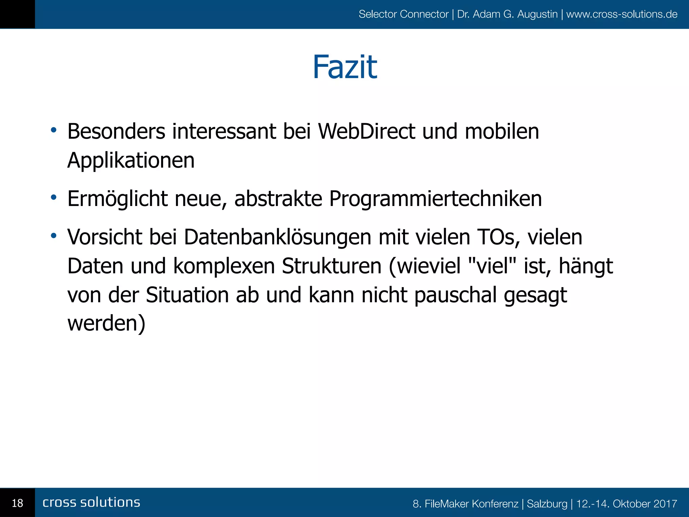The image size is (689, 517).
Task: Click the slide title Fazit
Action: [x=345, y=67]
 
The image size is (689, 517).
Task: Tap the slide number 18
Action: [x=17, y=503]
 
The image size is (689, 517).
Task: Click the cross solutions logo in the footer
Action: [x=91, y=502]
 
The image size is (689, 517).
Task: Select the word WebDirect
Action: [x=367, y=131]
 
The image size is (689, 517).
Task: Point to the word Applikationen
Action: [x=131, y=160]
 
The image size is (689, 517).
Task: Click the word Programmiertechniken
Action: [x=435, y=199]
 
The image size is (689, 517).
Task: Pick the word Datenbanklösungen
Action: [x=278, y=237]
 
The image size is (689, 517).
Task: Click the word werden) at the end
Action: [x=106, y=323]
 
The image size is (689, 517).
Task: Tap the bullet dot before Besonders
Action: [x=53, y=130]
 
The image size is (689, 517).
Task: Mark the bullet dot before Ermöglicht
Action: [x=53, y=197]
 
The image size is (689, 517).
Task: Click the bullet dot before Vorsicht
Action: [x=53, y=236]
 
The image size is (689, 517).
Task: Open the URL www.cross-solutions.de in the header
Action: [x=622, y=14]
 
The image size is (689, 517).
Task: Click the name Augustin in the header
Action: [x=537, y=14]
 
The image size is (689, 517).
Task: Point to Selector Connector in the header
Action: [x=403, y=14]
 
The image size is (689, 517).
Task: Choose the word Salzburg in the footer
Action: [x=547, y=504]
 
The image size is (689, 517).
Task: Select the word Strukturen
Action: [x=331, y=266]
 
